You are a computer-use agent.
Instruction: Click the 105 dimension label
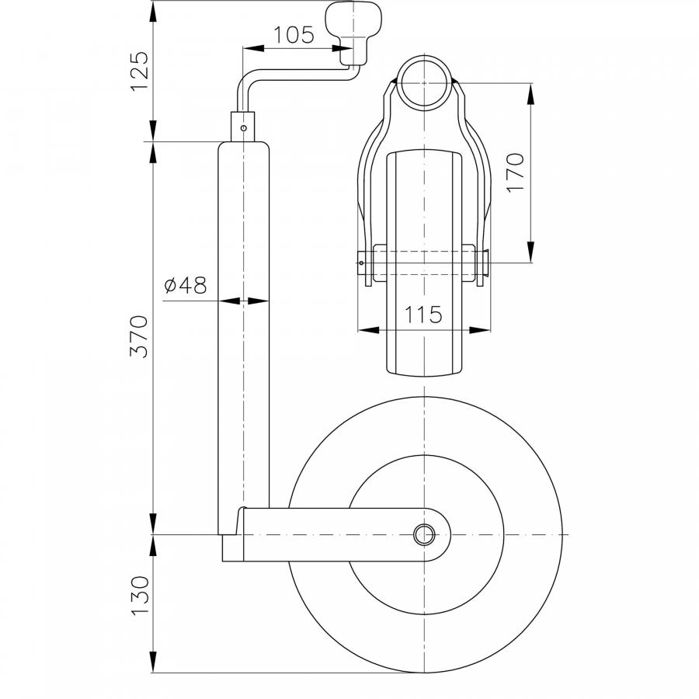294,35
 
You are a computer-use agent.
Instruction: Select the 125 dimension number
140,71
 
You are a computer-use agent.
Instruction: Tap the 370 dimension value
139,336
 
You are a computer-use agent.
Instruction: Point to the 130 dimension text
139,596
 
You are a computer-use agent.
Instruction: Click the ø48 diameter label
186,285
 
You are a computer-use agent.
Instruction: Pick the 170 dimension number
515,172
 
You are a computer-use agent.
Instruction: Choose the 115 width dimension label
423,315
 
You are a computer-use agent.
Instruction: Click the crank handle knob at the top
354,34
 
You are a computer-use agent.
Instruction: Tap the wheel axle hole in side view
424,534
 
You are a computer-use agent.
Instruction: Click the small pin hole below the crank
243,128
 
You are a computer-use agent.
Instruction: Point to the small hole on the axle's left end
361,263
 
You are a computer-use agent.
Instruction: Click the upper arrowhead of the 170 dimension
530,94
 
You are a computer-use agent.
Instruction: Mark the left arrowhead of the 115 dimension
368,330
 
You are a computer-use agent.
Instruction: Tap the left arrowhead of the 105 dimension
253,47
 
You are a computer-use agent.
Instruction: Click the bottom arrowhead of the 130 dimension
153,662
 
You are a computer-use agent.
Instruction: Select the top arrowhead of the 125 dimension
153,12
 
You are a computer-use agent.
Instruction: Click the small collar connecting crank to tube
243,127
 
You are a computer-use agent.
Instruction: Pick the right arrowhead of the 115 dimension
480,330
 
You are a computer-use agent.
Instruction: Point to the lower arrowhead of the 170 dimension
530,252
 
